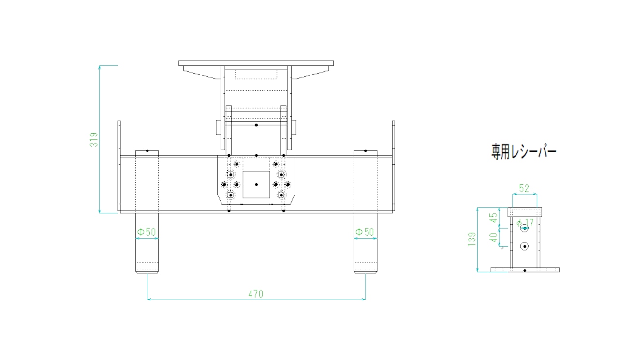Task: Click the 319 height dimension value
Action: click(94, 140)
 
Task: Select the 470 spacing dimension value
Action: click(256, 294)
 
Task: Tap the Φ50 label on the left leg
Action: click(147, 232)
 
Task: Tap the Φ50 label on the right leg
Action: click(365, 232)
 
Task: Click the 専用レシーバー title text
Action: click(524, 152)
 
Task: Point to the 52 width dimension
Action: click(524, 188)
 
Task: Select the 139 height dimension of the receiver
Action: click(472, 240)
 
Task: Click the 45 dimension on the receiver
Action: click(494, 218)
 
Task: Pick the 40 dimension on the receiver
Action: click(494, 238)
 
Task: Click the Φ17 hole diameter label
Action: click(525, 223)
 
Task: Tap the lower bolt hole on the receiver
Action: click(524, 246)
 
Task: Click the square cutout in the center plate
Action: click(256, 184)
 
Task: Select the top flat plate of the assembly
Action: click(256, 63)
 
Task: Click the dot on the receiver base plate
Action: click(525, 270)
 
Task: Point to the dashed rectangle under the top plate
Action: click(256, 75)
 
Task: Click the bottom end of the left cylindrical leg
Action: click(147, 274)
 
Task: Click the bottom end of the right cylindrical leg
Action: click(365, 274)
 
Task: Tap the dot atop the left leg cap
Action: click(147, 150)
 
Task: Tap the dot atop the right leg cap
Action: click(365, 150)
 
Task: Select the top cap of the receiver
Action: click(525, 212)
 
